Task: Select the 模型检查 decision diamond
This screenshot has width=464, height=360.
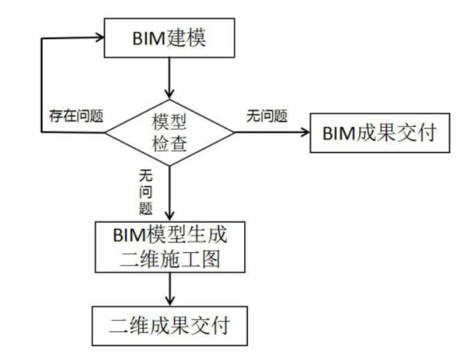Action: tap(169, 130)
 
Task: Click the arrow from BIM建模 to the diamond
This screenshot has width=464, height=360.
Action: tap(169, 76)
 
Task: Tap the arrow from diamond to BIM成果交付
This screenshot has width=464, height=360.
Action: tap(271, 131)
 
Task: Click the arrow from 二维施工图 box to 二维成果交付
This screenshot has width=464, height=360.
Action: tap(169, 288)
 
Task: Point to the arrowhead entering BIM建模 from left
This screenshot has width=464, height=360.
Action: tap(97, 38)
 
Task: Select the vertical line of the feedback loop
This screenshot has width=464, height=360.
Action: tap(43, 83)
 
